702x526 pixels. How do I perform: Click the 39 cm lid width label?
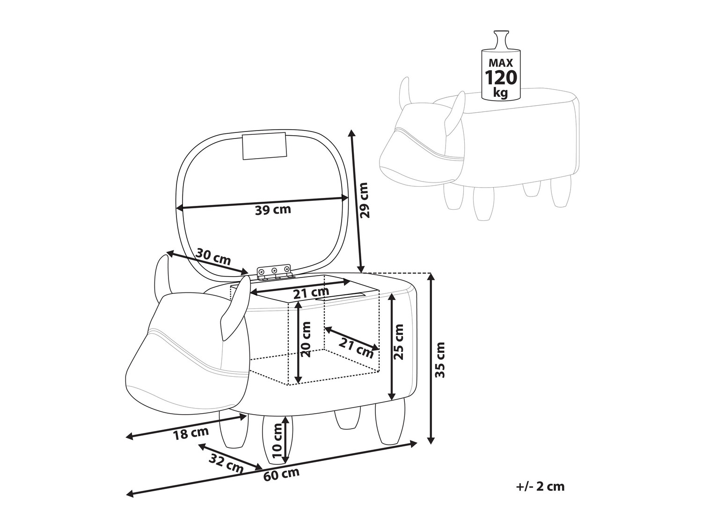pyautogui.click(x=273, y=210)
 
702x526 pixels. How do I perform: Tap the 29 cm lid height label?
pyautogui.click(x=364, y=200)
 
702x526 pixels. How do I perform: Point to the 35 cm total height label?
pyautogui.click(x=440, y=360)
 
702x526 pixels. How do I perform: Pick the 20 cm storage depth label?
pyautogui.click(x=306, y=339)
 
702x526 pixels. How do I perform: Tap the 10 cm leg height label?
pyautogui.click(x=277, y=440)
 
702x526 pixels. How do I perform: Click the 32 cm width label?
pyautogui.click(x=226, y=463)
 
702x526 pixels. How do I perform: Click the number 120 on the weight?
pyautogui.click(x=501, y=78)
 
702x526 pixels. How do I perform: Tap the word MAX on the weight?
pyautogui.click(x=501, y=62)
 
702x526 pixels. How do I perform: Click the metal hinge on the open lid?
pyautogui.click(x=274, y=272)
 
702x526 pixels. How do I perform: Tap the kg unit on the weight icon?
pyautogui.click(x=500, y=93)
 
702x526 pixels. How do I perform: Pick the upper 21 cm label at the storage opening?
pyautogui.click(x=312, y=292)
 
